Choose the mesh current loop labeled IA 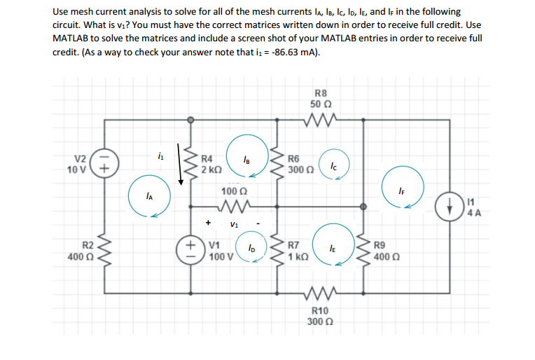click(148, 198)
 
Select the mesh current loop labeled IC click(333, 167)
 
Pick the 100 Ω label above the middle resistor click(232, 191)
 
